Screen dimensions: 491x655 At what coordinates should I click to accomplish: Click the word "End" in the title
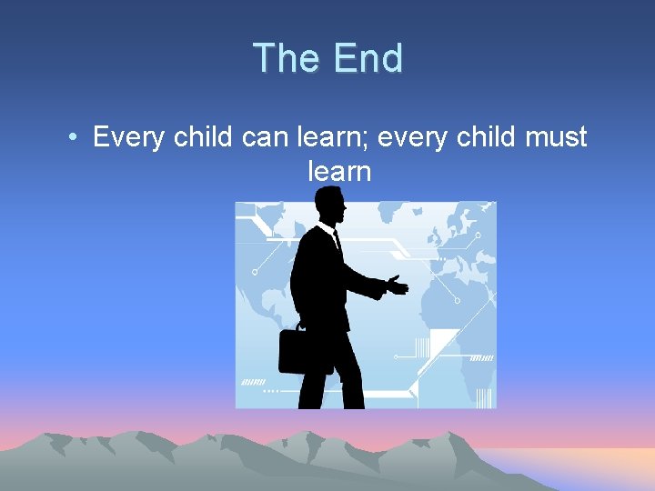(368, 58)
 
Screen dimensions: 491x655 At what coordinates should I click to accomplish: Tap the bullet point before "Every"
(72, 138)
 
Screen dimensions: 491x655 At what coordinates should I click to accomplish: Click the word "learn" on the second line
(339, 171)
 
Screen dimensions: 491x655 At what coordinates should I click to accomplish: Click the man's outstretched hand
(397, 286)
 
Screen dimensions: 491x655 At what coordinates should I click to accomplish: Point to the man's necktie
(337, 242)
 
